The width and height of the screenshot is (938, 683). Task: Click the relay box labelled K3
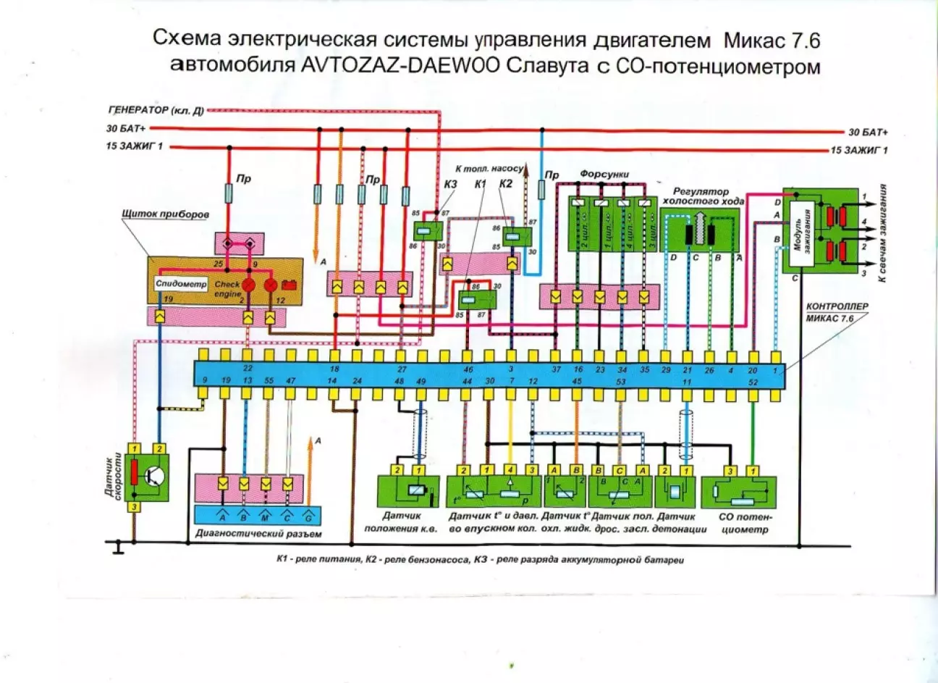pyautogui.click(x=425, y=231)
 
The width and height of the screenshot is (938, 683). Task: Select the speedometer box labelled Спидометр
pyautogui.click(x=181, y=285)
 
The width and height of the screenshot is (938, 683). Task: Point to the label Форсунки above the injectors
pyautogui.click(x=604, y=175)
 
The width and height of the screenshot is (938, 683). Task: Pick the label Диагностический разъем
pyautogui.click(x=259, y=534)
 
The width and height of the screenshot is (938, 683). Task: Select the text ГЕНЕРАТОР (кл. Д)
pyautogui.click(x=155, y=111)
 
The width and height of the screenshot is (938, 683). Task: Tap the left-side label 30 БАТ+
pyautogui.click(x=124, y=130)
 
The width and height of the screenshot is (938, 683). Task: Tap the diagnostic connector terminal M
pyautogui.click(x=266, y=516)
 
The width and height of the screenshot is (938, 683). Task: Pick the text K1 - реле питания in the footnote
pyautogui.click(x=318, y=560)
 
